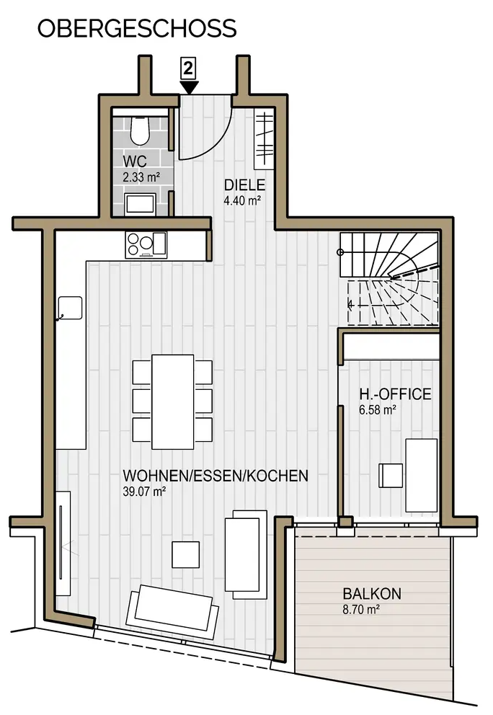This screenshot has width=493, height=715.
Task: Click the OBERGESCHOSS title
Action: click(137, 28)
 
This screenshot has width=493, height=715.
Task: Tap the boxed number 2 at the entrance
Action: click(188, 68)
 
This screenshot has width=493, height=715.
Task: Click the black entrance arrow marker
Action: click(189, 87)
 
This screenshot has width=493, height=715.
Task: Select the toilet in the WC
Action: click(139, 130)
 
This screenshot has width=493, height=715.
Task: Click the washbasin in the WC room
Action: click(141, 204)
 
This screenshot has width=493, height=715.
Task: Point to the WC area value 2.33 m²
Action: click(141, 177)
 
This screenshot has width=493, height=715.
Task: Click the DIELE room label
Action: click(244, 185)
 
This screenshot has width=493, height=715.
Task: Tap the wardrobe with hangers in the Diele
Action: click(264, 138)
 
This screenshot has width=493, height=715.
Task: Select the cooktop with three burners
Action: click(146, 245)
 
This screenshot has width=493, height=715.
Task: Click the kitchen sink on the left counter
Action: click(70, 308)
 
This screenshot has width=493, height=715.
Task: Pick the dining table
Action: click(173, 401)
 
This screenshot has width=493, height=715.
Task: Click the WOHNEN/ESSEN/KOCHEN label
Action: click(216, 476)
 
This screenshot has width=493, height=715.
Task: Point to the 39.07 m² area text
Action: click(144, 492)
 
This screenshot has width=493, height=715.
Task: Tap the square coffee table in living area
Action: click(186, 554)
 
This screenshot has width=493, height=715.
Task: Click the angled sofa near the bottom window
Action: click(172, 611)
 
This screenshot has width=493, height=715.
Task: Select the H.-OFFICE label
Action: click(395, 394)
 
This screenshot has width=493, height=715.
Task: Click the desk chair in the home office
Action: click(391, 476)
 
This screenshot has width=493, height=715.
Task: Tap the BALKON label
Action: click(372, 594)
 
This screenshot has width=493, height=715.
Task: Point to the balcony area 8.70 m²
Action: click(362, 609)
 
